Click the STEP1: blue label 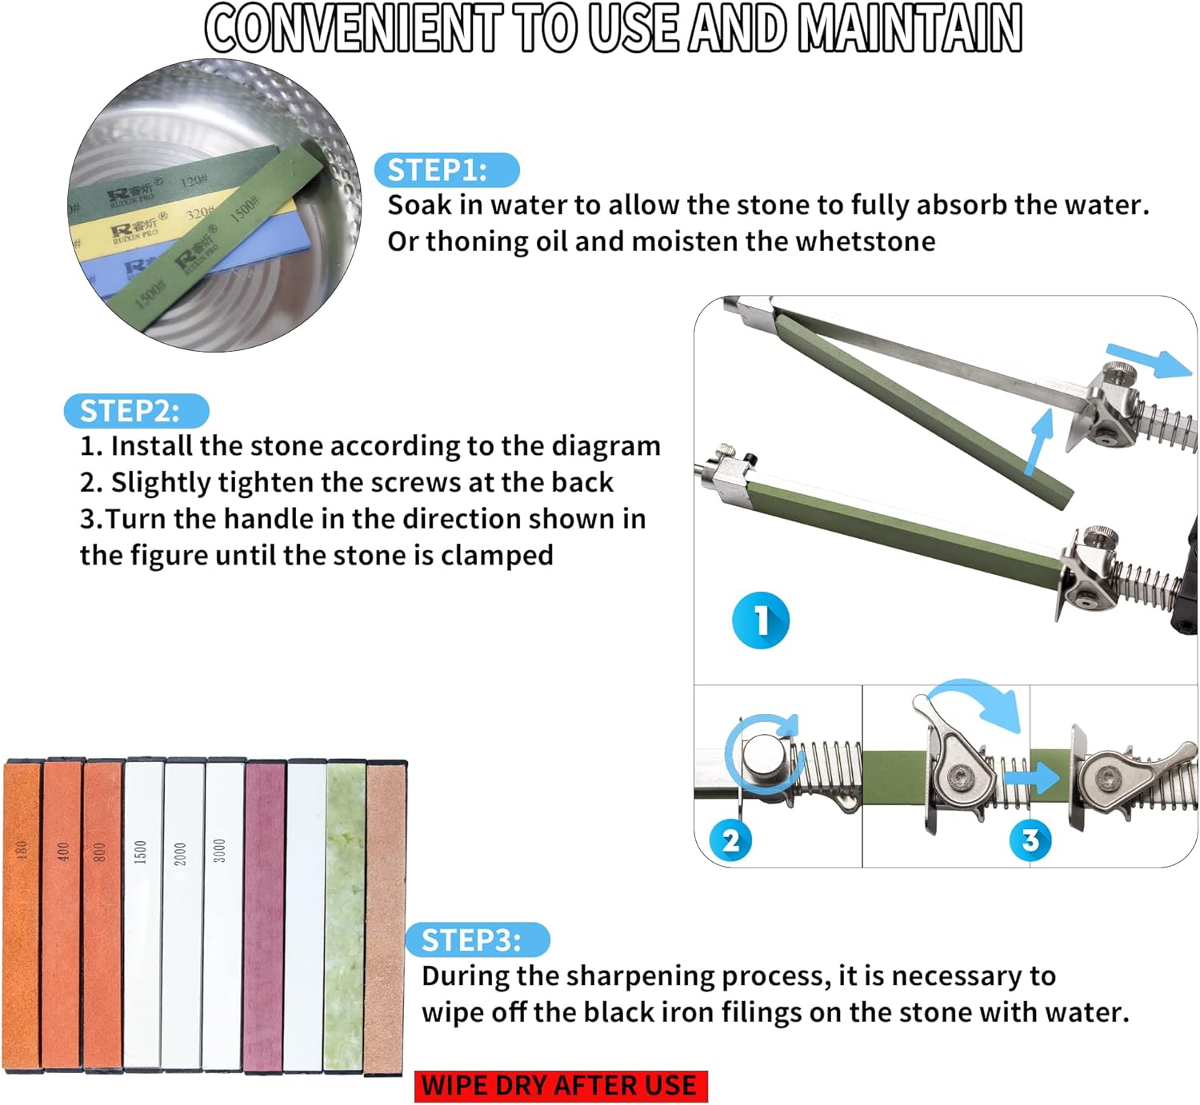[x=446, y=170]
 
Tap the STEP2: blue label [x=136, y=411]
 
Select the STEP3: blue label [x=478, y=939]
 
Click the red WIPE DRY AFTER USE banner [x=561, y=1085]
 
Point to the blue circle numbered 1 [x=760, y=620]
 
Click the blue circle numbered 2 [x=730, y=840]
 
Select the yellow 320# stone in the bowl [x=179, y=226]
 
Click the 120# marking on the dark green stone [x=194, y=179]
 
